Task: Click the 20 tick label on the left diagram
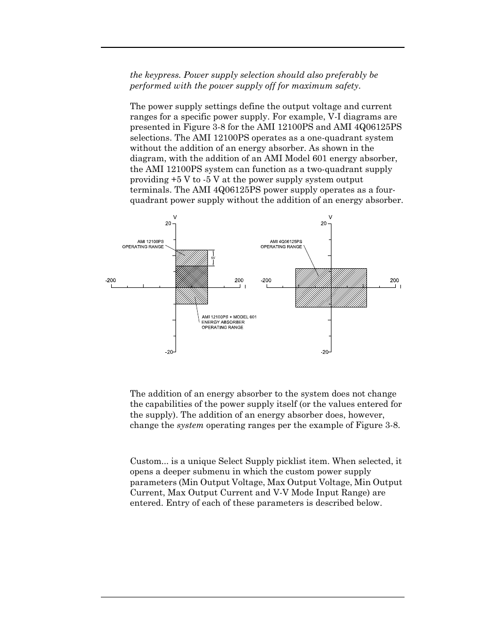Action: coord(168,224)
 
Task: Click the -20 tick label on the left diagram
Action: coord(168,352)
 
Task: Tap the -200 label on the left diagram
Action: coord(110,280)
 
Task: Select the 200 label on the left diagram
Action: coord(239,280)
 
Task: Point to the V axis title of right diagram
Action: coord(330,217)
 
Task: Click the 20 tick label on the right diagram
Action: coord(323,224)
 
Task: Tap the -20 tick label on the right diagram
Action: coord(324,352)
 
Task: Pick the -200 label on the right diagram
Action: coord(266,280)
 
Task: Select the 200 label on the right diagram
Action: coord(394,280)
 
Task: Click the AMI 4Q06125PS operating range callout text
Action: coord(281,244)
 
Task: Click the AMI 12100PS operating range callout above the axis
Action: coord(143,244)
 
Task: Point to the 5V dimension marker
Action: coord(213,257)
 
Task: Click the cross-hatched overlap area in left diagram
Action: coord(191,277)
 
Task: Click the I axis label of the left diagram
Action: coord(246,286)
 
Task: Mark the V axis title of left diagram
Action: coord(176,217)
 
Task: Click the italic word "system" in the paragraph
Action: coord(190,425)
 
